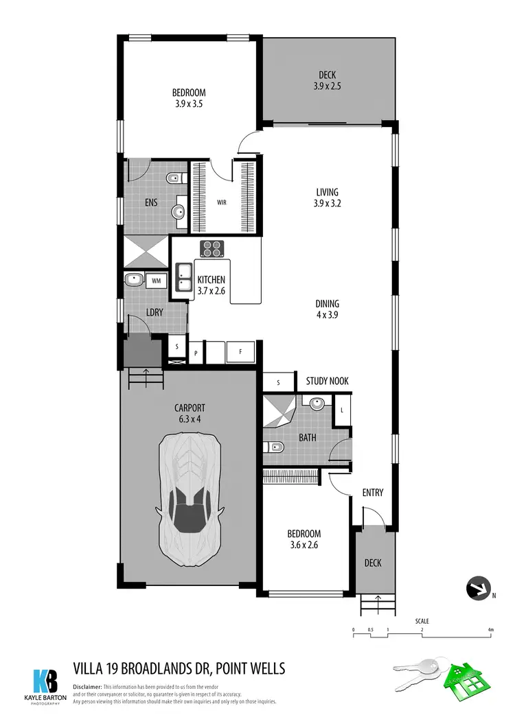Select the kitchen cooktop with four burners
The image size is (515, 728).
tap(212, 248)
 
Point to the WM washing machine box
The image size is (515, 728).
tap(156, 280)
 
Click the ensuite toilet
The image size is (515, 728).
tap(173, 179)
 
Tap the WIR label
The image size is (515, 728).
tap(222, 203)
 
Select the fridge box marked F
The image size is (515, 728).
tap(240, 352)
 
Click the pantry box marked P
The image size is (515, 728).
tap(196, 353)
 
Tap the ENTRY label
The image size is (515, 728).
tap(372, 493)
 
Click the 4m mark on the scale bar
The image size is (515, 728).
tap(490, 629)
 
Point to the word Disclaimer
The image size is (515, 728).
tap(87, 687)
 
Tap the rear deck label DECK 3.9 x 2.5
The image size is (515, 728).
tap(327, 81)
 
